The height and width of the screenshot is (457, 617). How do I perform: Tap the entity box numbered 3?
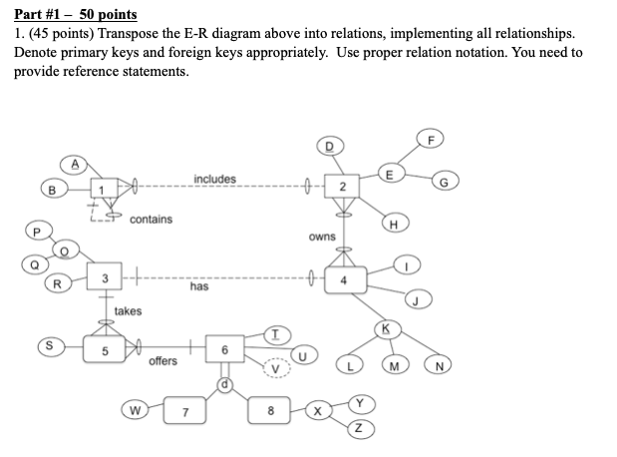tap(105, 276)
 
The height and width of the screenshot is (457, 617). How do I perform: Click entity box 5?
tap(105, 351)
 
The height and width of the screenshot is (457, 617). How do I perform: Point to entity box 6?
tap(225, 350)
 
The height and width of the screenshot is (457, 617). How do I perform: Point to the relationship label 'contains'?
tap(151, 219)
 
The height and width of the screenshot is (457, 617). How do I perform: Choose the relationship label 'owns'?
tap(322, 236)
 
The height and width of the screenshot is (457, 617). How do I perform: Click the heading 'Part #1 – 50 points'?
tap(76, 16)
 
